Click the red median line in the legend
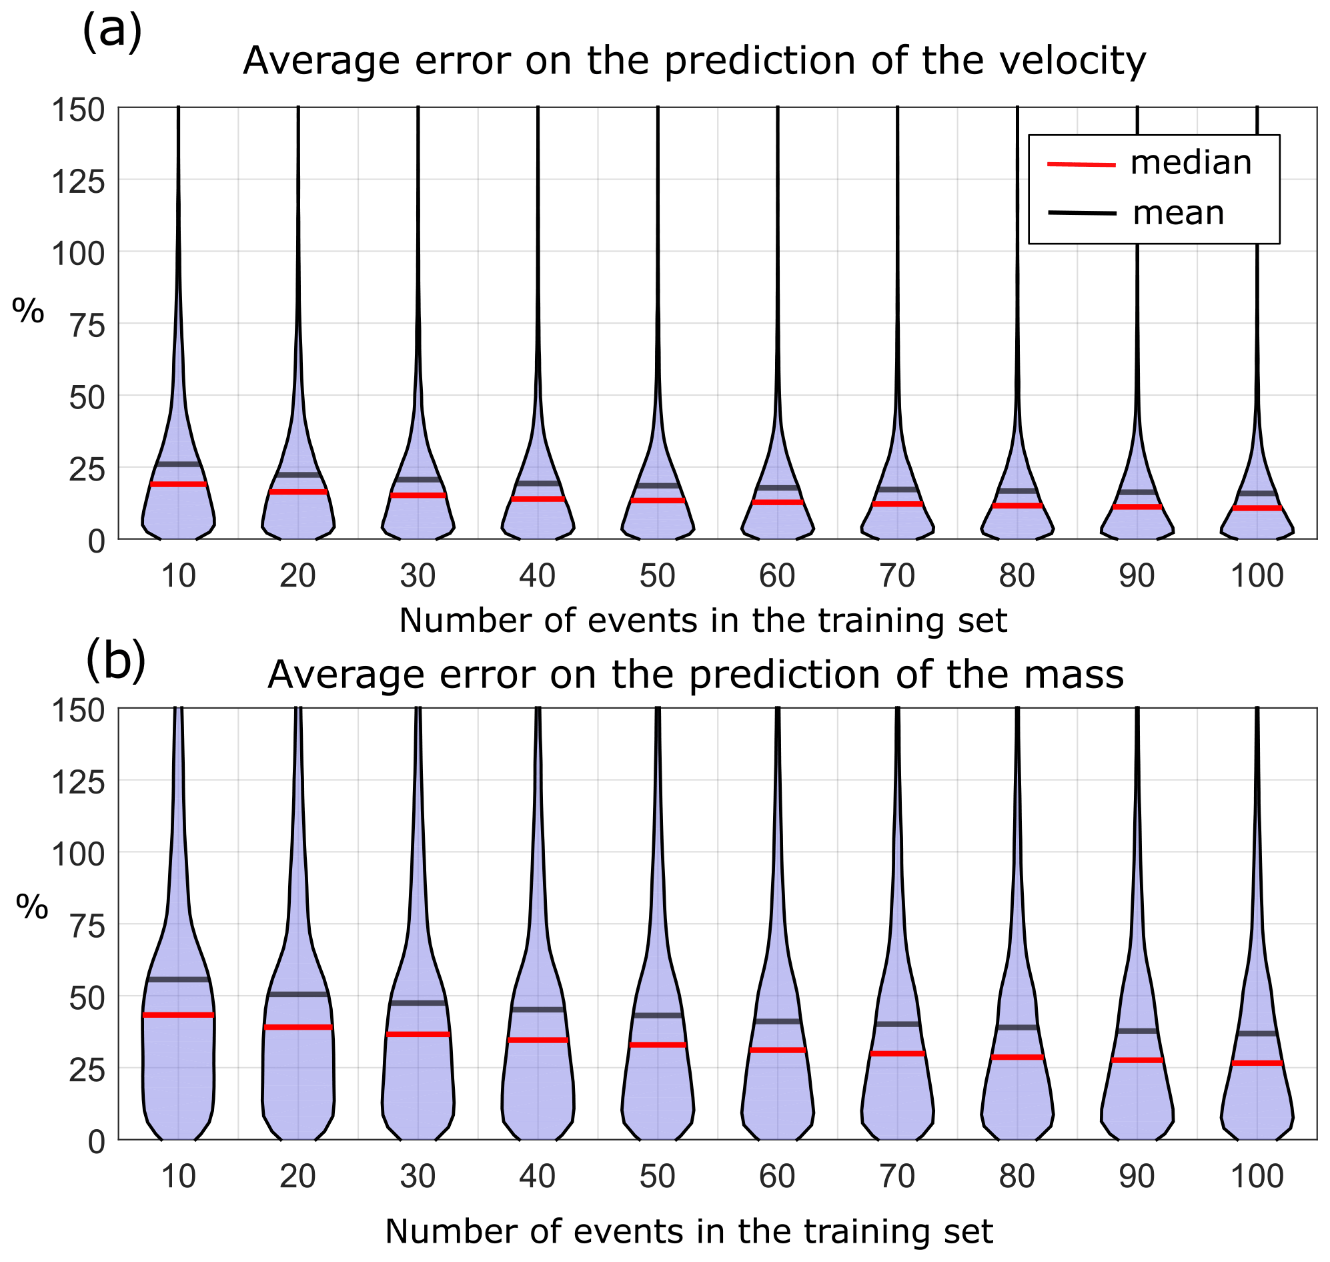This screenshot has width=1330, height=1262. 1081,164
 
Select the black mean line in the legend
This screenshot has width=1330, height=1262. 1081,214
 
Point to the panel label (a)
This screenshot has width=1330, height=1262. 111,30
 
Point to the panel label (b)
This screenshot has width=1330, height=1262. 115,662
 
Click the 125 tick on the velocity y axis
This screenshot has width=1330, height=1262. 79,181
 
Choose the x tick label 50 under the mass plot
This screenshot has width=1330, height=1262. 657,1177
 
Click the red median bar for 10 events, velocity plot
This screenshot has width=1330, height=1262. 178,484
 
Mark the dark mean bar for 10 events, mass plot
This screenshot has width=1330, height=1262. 178,979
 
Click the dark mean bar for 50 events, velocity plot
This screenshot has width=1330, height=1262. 657,485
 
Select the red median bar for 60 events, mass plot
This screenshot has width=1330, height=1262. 777,1049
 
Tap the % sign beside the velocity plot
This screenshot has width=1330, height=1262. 28,312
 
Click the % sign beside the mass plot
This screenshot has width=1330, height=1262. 32,908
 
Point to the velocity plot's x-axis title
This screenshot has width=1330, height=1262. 702,620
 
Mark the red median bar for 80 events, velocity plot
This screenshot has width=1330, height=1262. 1017,505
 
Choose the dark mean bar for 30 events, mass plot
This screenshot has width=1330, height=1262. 418,1002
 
